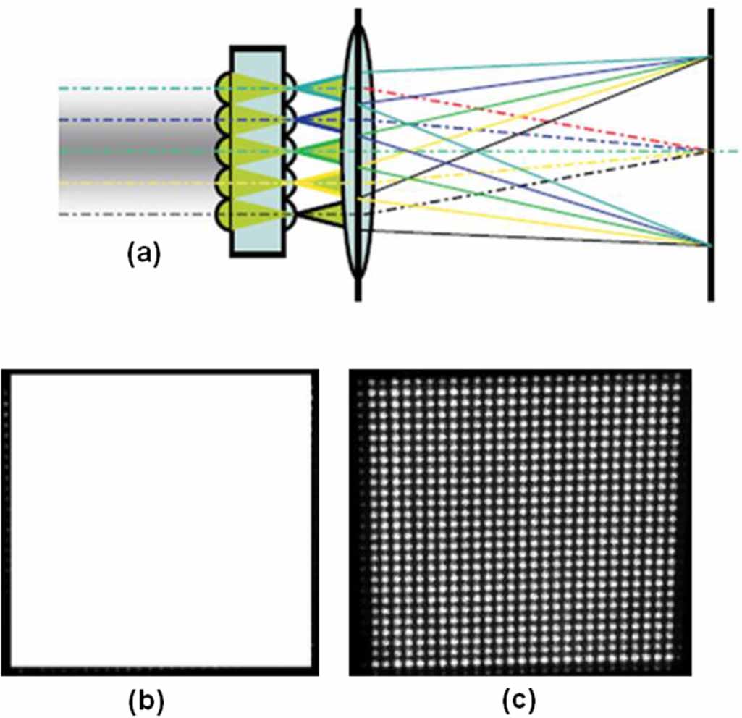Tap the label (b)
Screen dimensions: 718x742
pyautogui.click(x=146, y=700)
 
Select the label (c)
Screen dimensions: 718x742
pyautogui.click(x=519, y=700)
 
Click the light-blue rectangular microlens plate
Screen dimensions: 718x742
pyautogui.click(x=258, y=152)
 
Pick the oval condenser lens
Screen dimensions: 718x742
pyautogui.click(x=358, y=152)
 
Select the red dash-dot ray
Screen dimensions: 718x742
pyautogui.click(x=507, y=116)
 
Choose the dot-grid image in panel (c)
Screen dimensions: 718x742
pyautogui.click(x=520, y=523)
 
